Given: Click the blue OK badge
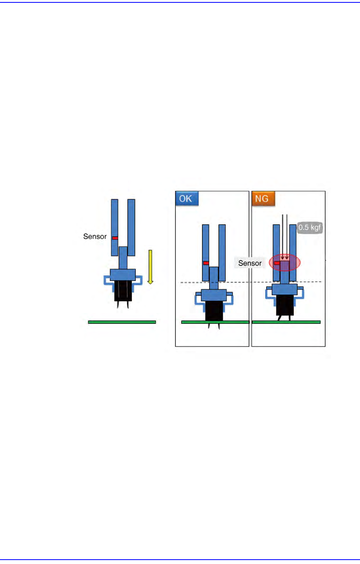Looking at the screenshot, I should click(x=187, y=198).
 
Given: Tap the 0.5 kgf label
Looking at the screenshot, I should click(x=310, y=228).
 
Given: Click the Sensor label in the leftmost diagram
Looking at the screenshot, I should click(x=95, y=237).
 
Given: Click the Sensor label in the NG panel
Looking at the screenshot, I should click(x=250, y=263).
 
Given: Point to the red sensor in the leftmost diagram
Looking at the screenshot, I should click(x=115, y=238).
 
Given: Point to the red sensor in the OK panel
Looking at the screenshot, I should click(x=206, y=263).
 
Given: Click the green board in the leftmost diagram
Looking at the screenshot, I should click(x=122, y=322).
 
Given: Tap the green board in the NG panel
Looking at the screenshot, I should click(x=286, y=322).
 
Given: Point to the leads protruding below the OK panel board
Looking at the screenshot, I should click(x=214, y=327).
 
